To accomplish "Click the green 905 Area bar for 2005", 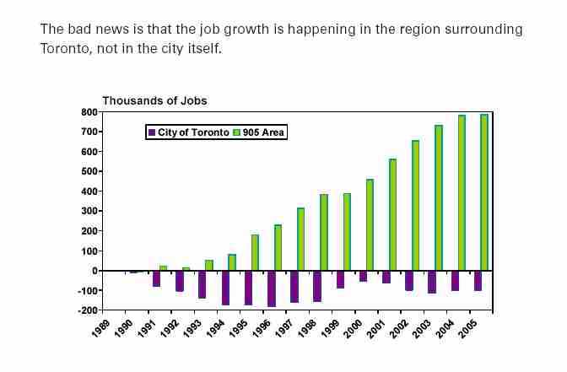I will [x=484, y=192].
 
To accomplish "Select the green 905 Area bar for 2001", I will [x=392, y=214].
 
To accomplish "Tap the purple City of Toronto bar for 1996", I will [x=271, y=288].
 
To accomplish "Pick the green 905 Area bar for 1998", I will [x=324, y=232].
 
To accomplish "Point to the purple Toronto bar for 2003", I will [x=431, y=282].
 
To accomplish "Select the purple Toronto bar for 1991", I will [x=157, y=278].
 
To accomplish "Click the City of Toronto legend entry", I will [x=188, y=132].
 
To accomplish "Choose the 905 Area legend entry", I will [x=259, y=132].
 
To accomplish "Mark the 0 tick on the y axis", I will [x=95, y=271].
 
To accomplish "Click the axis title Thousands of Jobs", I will [x=154, y=100].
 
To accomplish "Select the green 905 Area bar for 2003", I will [x=439, y=197].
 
